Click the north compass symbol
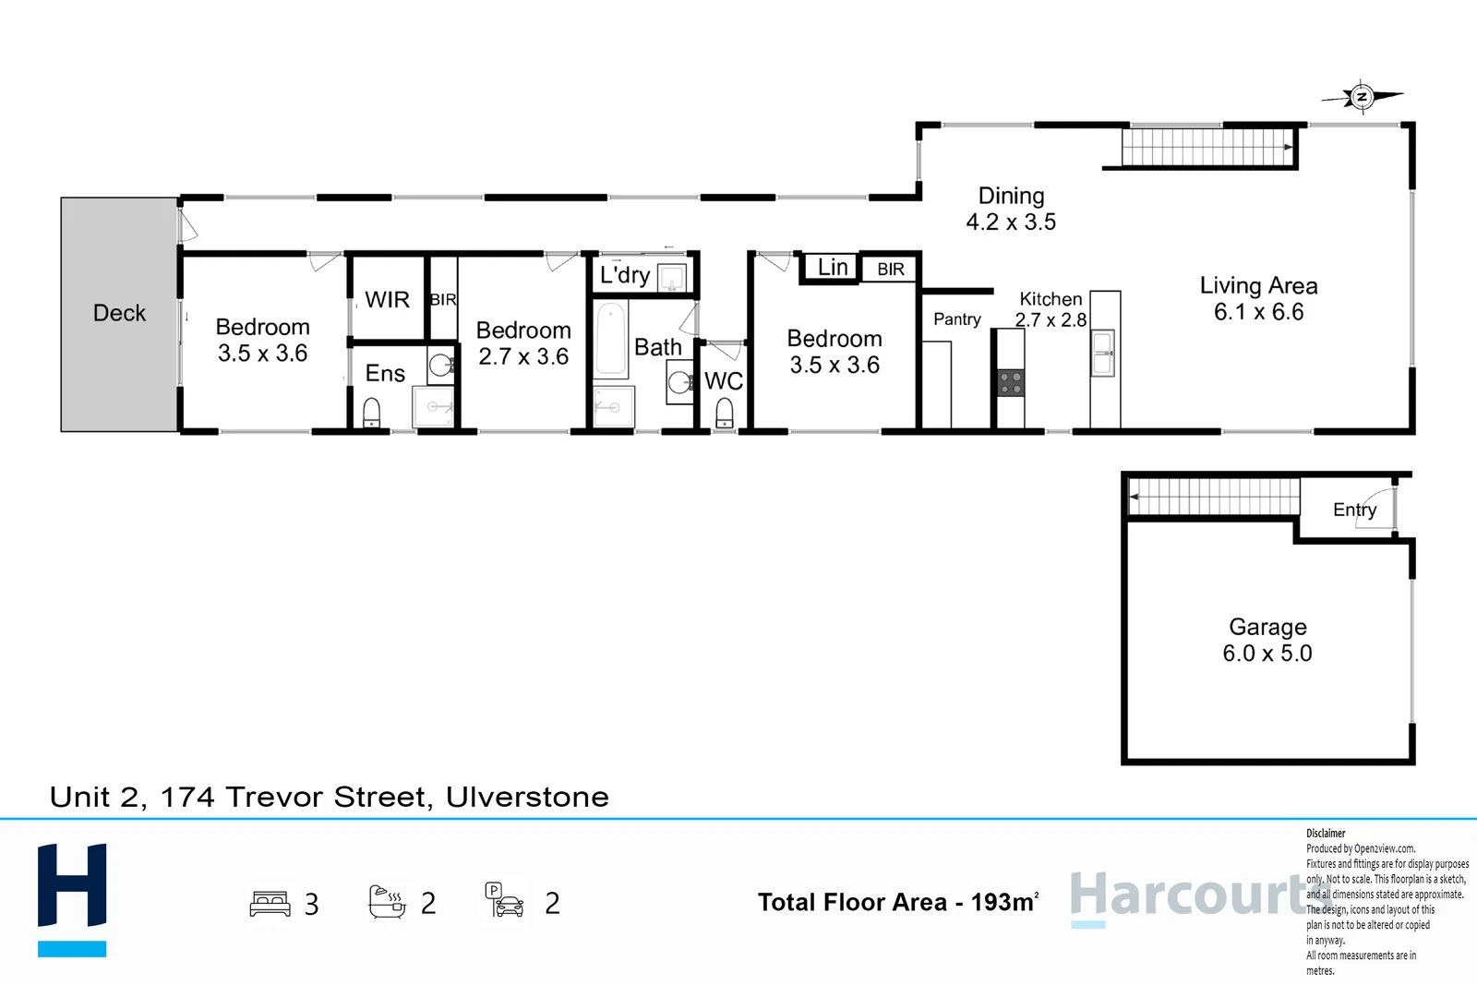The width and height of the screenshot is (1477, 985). click(x=1362, y=96)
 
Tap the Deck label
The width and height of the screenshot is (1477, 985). click(x=119, y=313)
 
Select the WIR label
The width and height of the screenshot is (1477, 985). click(x=387, y=300)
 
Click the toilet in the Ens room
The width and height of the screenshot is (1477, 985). click(x=372, y=411)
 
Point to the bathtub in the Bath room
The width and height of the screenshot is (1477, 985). click(x=610, y=340)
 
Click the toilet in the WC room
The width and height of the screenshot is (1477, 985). click(x=725, y=412)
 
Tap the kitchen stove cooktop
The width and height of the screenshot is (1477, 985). click(x=1011, y=382)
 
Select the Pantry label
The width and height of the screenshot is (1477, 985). click(x=956, y=319)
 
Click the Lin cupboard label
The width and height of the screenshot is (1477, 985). click(x=833, y=268)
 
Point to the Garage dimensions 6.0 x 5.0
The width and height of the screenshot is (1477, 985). click(x=1267, y=654)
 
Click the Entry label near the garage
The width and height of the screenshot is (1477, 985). click(x=1354, y=510)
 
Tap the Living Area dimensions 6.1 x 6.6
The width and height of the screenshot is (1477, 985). click(x=1258, y=312)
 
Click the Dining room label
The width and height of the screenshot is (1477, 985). click(x=1011, y=196)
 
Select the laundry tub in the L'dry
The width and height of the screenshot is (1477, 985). click(x=672, y=277)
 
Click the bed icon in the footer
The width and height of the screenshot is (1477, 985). click(x=270, y=903)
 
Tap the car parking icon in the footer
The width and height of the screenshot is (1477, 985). click(x=504, y=900)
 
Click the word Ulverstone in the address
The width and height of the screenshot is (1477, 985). click(x=527, y=797)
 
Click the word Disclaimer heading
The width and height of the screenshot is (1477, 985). click(x=1326, y=833)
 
